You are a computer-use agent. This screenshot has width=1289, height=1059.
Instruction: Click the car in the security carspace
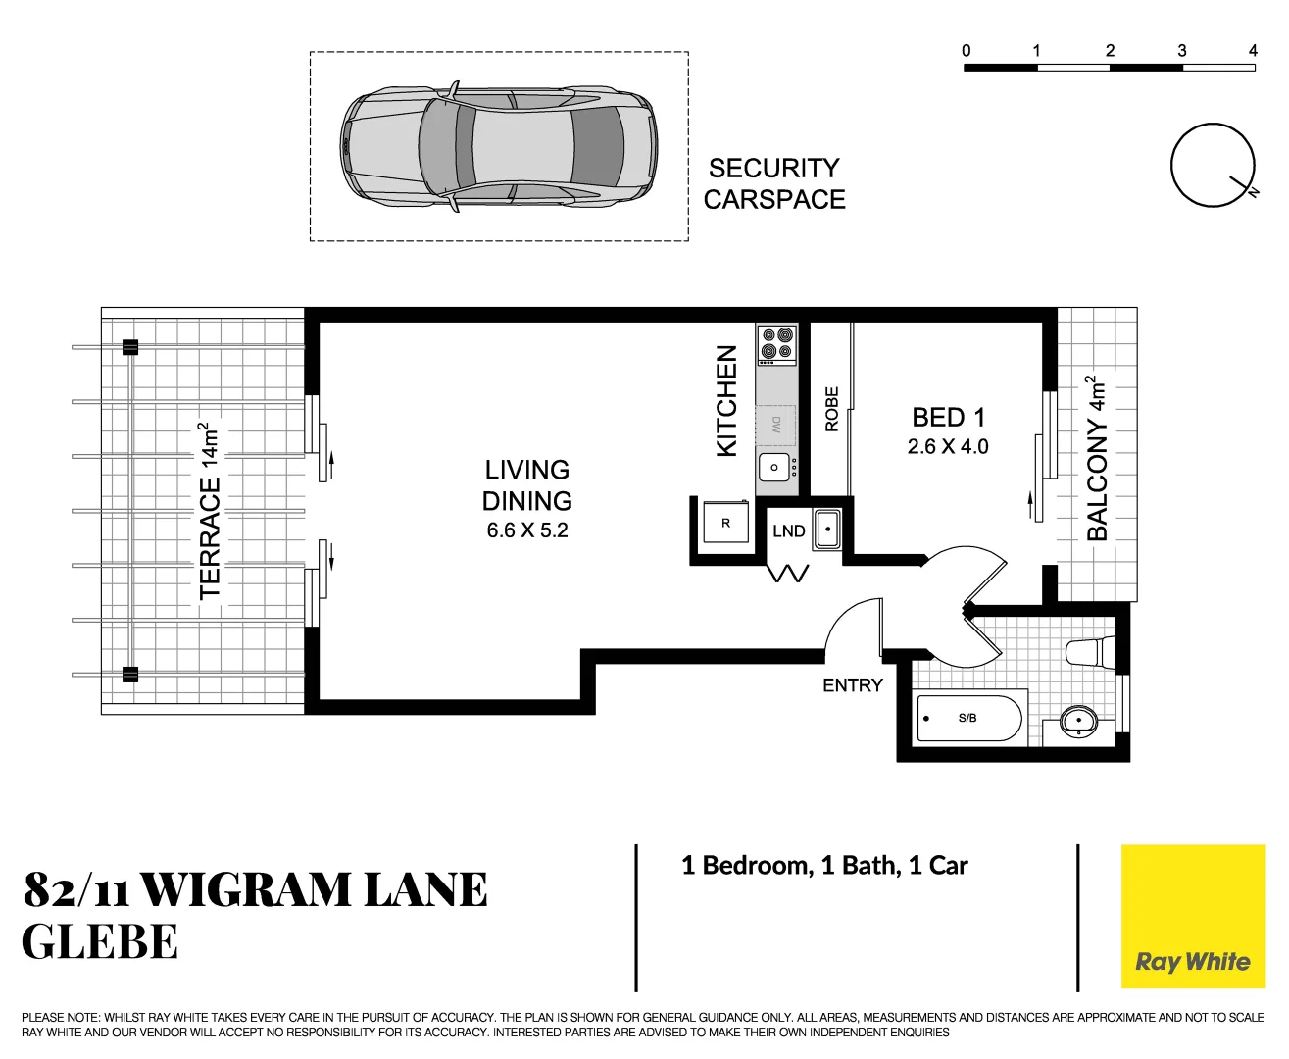click(499, 147)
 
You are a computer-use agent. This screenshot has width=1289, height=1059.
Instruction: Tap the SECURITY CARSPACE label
click(773, 183)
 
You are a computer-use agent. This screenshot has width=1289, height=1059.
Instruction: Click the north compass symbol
click(1213, 165)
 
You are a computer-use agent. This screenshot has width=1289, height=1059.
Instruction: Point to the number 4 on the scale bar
click(1252, 51)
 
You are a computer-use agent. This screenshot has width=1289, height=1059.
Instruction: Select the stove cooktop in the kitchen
click(776, 345)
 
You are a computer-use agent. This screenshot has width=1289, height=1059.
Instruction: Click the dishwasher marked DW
click(775, 425)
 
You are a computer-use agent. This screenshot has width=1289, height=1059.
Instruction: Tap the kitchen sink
click(774, 468)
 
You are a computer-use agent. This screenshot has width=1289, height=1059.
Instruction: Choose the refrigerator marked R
click(726, 524)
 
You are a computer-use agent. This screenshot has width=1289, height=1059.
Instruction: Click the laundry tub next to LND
click(827, 529)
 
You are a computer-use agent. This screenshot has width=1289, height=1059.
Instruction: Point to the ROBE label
click(832, 409)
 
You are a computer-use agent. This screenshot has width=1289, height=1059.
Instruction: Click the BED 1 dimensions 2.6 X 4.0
click(948, 447)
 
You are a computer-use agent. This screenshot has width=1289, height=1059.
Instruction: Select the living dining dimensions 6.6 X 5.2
click(527, 530)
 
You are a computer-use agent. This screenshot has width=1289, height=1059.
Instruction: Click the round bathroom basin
click(1078, 721)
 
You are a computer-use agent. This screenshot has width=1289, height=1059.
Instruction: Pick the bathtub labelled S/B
click(968, 719)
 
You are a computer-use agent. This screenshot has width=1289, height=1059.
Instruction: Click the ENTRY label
click(852, 685)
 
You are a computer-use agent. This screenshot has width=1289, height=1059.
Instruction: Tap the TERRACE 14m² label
click(210, 511)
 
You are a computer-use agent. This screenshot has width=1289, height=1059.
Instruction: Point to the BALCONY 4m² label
click(1097, 458)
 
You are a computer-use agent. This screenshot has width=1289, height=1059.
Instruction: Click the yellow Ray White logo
click(1193, 917)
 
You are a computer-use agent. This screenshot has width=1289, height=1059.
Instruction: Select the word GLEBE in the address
click(100, 942)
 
